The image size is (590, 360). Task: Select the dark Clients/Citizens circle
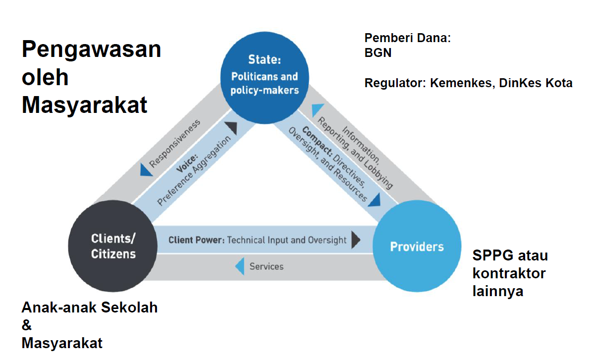[113, 246]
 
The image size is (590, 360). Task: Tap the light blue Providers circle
[417, 247]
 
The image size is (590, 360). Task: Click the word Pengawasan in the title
[92, 50]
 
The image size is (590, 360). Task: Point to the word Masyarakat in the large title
[85, 105]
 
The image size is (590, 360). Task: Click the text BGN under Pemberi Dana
[378, 52]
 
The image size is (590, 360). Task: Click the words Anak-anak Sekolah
[90, 308]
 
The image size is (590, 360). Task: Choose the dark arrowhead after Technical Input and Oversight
[355, 240]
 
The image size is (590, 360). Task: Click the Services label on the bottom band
[267, 266]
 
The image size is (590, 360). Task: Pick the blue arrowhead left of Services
[239, 267]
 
